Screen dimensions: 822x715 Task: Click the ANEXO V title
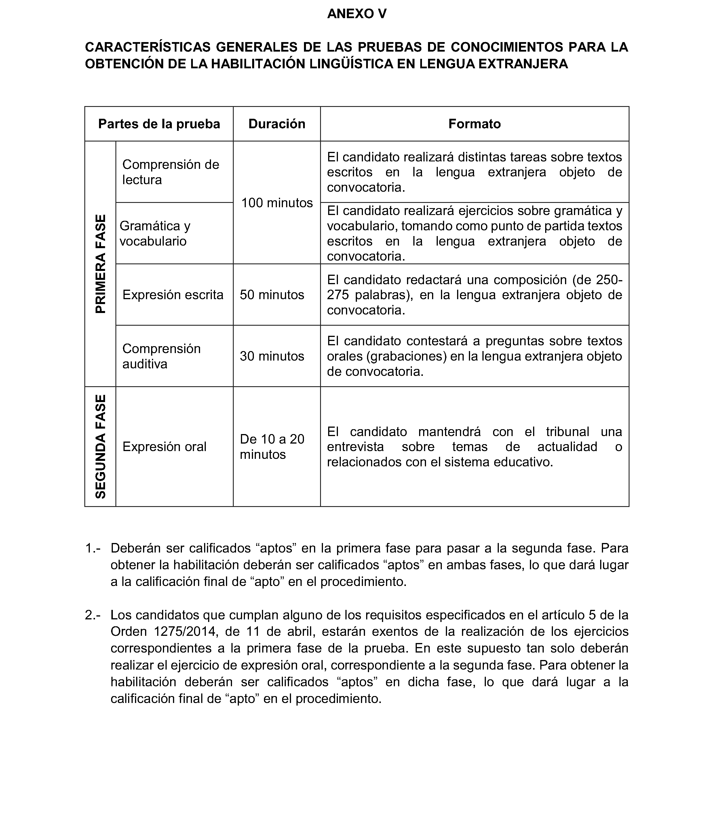[x=357, y=14]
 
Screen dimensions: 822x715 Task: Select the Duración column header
[x=277, y=124]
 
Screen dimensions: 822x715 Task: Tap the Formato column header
[x=474, y=124]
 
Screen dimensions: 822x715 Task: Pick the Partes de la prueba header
[x=159, y=124]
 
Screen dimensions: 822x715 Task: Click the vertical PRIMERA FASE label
[x=100, y=264]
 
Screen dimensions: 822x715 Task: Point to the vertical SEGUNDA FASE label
[x=100, y=446]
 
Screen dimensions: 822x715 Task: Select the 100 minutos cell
[x=277, y=203]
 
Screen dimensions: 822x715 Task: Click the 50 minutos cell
[x=272, y=295]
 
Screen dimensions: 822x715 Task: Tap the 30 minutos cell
[x=272, y=356]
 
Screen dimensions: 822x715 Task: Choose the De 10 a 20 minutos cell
[x=272, y=446]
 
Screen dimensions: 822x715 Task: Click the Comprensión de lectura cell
[x=171, y=172]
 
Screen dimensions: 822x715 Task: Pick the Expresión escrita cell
[x=173, y=295]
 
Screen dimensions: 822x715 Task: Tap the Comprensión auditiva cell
[x=161, y=356]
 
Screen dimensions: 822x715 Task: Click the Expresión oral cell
[x=164, y=446]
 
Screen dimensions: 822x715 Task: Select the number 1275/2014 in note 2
[x=186, y=631]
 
